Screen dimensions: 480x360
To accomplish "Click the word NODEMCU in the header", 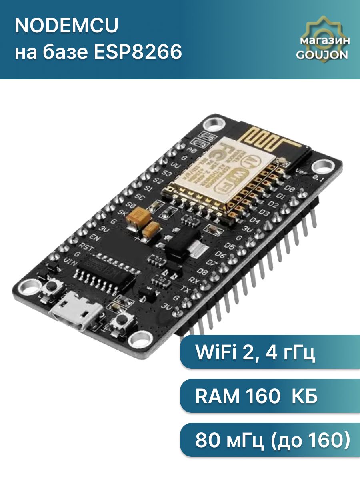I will point(67,27).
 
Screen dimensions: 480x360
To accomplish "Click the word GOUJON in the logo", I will point(322,55).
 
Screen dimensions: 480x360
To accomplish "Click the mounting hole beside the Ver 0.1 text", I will point(323,166).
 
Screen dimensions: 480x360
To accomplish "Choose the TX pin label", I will point(186,288).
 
